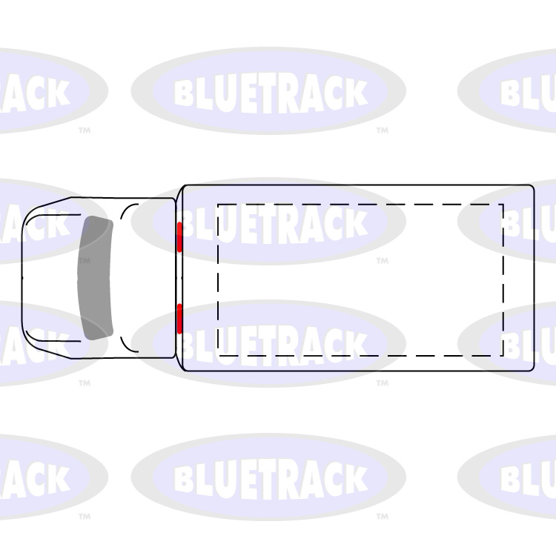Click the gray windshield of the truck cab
tap(95, 278)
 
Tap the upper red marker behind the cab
tap(179, 237)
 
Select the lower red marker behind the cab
tap(179, 318)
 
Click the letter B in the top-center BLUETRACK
tap(185, 93)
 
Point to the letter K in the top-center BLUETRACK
tap(354, 93)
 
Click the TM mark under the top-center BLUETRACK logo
tap(382, 130)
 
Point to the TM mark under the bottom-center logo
tap(382, 517)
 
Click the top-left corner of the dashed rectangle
tap(218, 204)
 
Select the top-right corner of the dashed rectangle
tap(503, 204)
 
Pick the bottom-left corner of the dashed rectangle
tap(218, 355)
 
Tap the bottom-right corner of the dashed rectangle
tap(503, 355)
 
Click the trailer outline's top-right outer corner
tap(533, 186)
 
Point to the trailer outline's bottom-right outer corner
tap(533, 369)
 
